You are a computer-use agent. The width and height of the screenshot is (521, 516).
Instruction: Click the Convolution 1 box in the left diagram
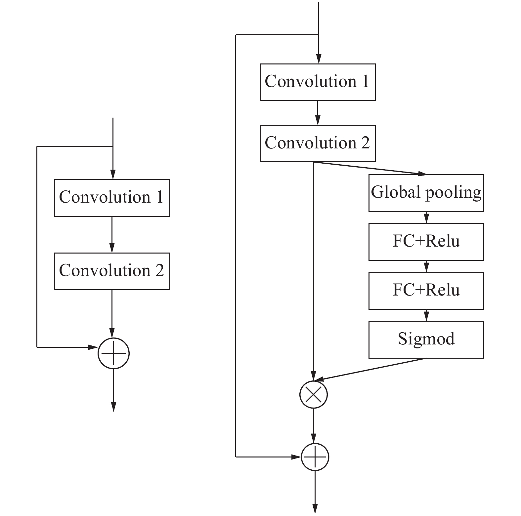point(112,198)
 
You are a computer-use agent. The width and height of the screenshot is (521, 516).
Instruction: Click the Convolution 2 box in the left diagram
point(112,271)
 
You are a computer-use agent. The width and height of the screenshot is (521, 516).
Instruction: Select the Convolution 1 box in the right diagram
point(317,82)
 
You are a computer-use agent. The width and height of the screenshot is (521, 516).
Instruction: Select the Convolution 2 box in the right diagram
point(317,143)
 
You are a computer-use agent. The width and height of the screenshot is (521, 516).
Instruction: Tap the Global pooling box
point(426,193)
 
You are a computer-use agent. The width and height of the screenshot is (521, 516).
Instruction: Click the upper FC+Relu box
point(426,242)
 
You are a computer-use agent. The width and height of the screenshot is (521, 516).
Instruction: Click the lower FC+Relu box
point(426,291)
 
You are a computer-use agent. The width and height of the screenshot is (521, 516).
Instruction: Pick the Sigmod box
point(426,339)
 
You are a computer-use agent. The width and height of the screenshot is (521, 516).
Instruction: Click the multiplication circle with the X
point(313,394)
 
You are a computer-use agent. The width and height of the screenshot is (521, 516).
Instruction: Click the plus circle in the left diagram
point(113,353)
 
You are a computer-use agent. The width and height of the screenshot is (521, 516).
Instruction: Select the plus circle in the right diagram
point(315,457)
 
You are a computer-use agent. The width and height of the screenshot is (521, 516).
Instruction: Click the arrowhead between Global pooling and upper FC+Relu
point(426,219)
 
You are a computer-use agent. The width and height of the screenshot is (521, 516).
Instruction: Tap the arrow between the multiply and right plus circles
point(314,426)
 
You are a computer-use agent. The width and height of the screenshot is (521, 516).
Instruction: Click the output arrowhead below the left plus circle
point(113,407)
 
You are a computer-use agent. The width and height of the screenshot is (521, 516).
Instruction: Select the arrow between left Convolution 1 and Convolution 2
point(112,235)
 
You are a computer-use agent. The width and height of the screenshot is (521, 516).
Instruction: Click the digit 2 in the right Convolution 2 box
point(365,143)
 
